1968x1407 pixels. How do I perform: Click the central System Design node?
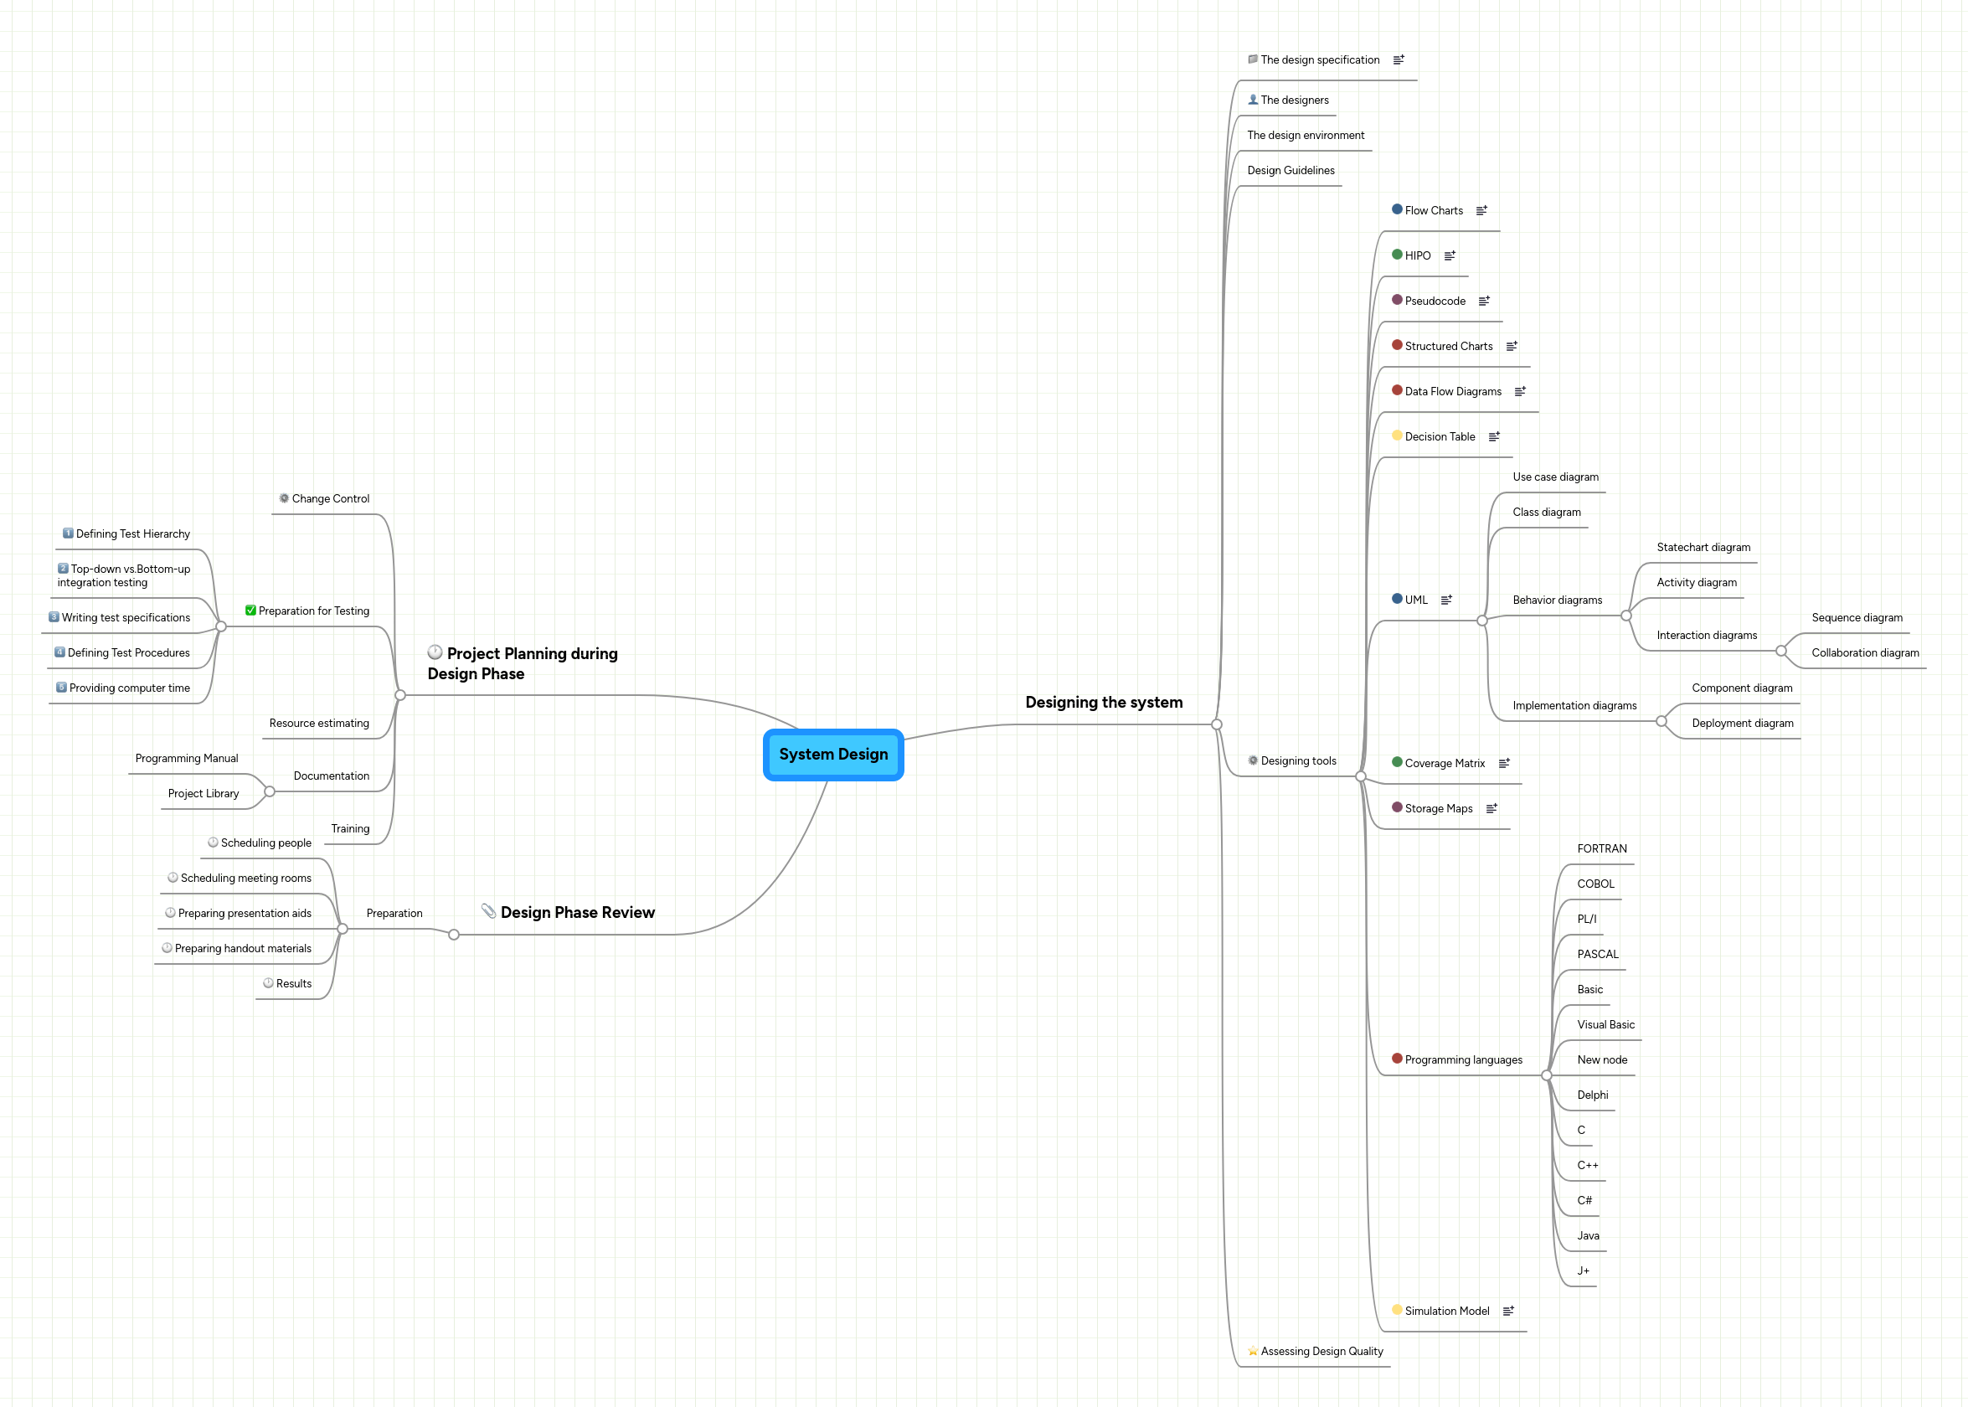click(x=832, y=755)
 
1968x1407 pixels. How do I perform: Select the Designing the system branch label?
click(x=1104, y=703)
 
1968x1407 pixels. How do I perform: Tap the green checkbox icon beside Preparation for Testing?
click(x=250, y=611)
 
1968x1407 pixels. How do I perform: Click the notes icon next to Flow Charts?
click(x=1481, y=210)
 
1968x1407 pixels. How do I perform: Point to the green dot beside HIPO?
click(x=1396, y=255)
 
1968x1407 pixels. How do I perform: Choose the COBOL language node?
click(x=1594, y=884)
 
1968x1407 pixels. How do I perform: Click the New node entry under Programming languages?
click(x=1601, y=1059)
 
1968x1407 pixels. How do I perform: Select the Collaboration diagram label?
click(x=1864, y=653)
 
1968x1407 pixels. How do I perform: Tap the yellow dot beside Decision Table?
click(x=1396, y=435)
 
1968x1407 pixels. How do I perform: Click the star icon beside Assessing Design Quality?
click(x=1253, y=1352)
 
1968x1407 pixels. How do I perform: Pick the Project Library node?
click(x=203, y=794)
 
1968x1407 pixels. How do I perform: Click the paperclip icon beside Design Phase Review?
click(x=488, y=911)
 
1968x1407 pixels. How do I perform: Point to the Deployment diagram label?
click(x=1742, y=724)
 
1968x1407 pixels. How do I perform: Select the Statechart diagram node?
click(x=1703, y=548)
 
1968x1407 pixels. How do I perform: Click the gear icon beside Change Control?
click(x=284, y=498)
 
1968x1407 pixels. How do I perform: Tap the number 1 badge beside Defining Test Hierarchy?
click(x=68, y=533)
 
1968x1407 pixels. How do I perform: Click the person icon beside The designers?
click(x=1253, y=100)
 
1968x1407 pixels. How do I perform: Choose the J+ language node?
click(x=1583, y=1271)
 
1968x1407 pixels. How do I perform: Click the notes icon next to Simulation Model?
click(x=1508, y=1311)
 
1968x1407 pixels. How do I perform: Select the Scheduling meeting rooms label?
click(x=246, y=879)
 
